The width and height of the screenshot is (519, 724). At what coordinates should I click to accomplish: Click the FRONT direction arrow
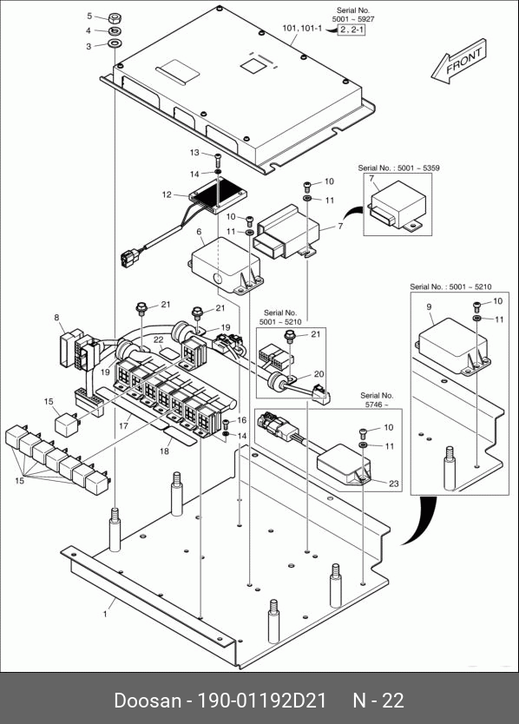[x=458, y=62]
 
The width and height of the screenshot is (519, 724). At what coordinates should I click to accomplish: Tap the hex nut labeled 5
[x=115, y=18]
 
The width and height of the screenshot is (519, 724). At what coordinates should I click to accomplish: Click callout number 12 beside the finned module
[x=167, y=194]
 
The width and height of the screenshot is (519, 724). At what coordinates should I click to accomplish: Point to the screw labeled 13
[x=218, y=160]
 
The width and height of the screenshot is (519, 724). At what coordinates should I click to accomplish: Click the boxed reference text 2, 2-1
[x=351, y=30]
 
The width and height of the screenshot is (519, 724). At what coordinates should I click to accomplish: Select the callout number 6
[x=199, y=231]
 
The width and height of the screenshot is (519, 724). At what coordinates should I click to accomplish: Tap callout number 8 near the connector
[x=56, y=317]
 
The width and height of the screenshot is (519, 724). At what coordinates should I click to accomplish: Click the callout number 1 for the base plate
[x=105, y=614]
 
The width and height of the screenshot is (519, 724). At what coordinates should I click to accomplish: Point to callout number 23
[x=393, y=484]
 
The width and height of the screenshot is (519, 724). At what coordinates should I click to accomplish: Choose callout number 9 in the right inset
[x=429, y=306]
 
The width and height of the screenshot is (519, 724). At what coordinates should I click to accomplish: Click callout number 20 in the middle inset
[x=319, y=374]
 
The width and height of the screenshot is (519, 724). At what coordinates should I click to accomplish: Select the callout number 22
[x=158, y=339]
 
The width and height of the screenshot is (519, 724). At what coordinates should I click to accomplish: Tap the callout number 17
[x=123, y=425]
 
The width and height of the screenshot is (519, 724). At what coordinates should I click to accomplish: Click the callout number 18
[x=164, y=451]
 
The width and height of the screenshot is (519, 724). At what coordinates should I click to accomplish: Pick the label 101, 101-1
[x=302, y=28]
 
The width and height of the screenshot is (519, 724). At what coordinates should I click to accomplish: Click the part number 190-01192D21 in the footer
[x=262, y=701]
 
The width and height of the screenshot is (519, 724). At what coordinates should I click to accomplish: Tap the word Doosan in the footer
[x=148, y=701]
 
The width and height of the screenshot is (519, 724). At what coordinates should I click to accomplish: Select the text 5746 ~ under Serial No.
[x=377, y=405]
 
